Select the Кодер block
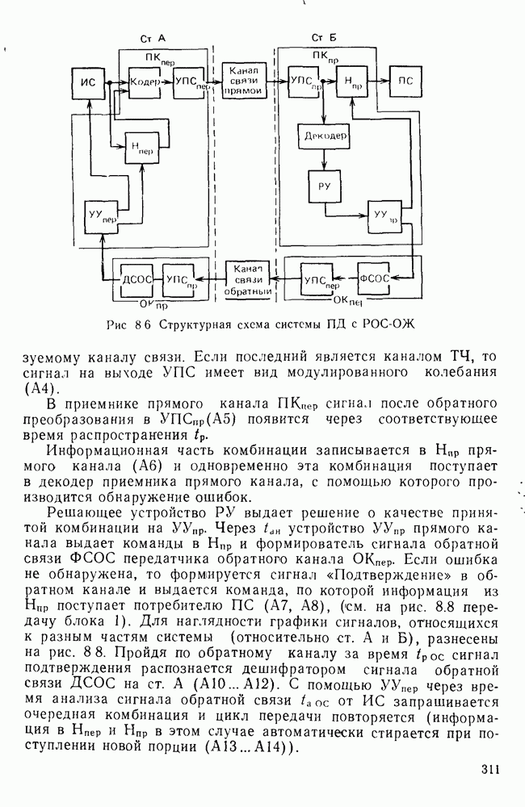(145, 82)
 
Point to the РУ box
(324, 186)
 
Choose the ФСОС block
(374, 278)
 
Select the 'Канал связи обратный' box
(247, 278)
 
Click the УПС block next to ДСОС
(181, 278)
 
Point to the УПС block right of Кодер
(188, 82)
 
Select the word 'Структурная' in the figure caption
(192, 325)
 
